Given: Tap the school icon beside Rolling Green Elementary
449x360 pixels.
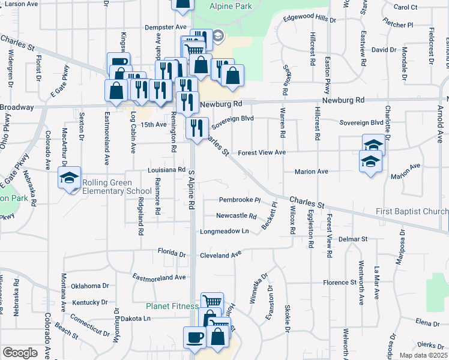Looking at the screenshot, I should [x=69, y=177].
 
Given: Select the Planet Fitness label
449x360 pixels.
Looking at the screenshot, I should [x=172, y=306].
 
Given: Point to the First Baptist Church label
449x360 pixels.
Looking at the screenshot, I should [x=412, y=211].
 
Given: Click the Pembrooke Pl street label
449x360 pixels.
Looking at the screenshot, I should [x=240, y=200].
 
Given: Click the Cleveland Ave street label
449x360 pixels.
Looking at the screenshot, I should [x=220, y=255].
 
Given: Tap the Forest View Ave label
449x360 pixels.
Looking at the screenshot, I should [x=262, y=153].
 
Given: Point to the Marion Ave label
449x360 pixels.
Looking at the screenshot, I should [x=311, y=172].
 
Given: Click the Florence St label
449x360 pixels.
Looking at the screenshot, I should [x=339, y=282].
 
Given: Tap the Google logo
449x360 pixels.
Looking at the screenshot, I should [x=20, y=353].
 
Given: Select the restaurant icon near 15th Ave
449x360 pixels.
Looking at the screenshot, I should [x=197, y=127].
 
